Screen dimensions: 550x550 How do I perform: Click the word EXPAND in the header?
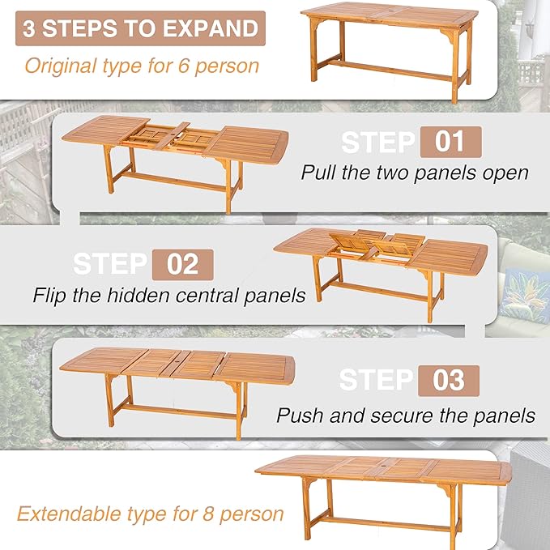[x=211, y=28]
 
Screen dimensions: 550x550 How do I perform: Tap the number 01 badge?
[x=450, y=142]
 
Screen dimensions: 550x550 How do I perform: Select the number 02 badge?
[x=183, y=265]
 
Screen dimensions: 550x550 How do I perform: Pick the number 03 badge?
[x=449, y=381]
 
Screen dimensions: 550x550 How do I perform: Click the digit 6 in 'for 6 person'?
[x=184, y=66]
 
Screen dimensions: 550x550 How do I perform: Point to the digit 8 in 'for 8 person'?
[x=208, y=514]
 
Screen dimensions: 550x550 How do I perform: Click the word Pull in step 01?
[x=318, y=173]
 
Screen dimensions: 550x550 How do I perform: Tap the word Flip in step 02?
[x=49, y=295]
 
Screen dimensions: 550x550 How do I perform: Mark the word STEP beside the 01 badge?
[x=378, y=142]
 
